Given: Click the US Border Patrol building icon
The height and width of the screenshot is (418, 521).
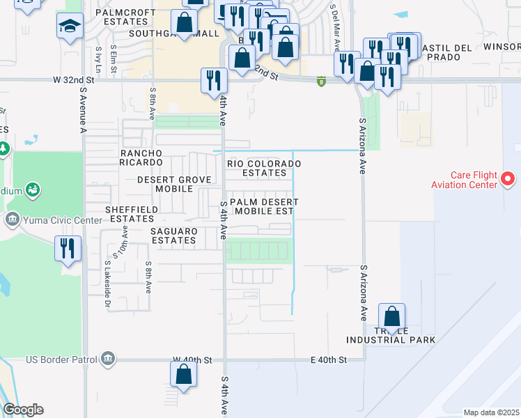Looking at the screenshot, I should pyautogui.click(x=108, y=359).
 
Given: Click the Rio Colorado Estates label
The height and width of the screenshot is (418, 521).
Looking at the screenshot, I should pyautogui.click(x=264, y=168).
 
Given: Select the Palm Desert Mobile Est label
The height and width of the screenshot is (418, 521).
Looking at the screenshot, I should pyautogui.click(x=264, y=206).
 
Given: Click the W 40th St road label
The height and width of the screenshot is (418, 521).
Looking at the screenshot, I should pyautogui.click(x=192, y=359).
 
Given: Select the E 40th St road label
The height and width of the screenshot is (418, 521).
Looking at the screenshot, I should pyautogui.click(x=328, y=359).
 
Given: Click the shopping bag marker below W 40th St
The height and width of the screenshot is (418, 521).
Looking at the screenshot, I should pyautogui.click(x=182, y=375).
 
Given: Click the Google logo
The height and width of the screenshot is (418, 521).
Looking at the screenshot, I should pyautogui.click(x=23, y=410).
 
